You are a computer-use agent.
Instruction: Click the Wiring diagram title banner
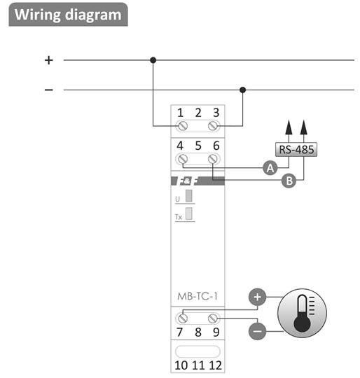(68, 15)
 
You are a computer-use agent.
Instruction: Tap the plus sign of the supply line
(49, 60)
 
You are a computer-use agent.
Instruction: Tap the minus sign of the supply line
(49, 90)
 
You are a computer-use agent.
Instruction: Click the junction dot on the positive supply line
(153, 60)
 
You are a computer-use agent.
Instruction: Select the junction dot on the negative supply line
(243, 90)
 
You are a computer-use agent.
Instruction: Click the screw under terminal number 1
(183, 126)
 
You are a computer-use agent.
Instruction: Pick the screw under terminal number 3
(213, 126)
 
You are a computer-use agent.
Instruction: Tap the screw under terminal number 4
(183, 159)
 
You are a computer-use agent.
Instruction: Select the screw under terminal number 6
(213, 159)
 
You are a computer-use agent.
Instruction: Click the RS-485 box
(296, 150)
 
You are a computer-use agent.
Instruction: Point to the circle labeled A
(270, 168)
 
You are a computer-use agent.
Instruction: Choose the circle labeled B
(289, 181)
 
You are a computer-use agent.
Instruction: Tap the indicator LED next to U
(189, 196)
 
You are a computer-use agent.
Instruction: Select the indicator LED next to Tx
(189, 213)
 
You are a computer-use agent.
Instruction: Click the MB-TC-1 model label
(198, 296)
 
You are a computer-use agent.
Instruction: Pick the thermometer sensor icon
(302, 313)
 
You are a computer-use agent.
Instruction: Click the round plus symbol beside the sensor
(257, 297)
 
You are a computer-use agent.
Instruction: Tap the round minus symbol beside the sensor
(257, 331)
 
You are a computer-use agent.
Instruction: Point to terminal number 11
(198, 365)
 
